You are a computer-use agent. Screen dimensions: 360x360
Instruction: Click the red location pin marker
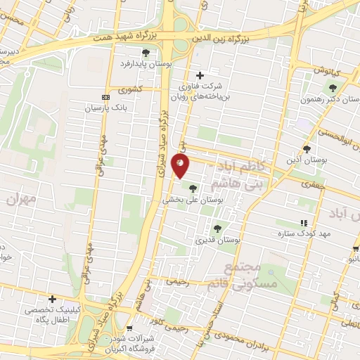click(181, 165)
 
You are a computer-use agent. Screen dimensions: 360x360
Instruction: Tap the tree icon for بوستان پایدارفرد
click(146, 52)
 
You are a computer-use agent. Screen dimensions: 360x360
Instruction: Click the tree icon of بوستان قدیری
click(217, 228)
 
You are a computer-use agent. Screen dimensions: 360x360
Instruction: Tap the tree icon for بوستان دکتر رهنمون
click(333, 88)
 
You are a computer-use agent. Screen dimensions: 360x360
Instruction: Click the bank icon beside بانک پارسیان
click(105, 97)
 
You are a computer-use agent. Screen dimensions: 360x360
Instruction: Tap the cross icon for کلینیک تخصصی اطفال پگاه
click(52, 299)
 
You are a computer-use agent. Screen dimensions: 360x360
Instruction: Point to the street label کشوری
click(131, 90)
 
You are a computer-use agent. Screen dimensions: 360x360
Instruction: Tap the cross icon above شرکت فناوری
click(200, 75)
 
